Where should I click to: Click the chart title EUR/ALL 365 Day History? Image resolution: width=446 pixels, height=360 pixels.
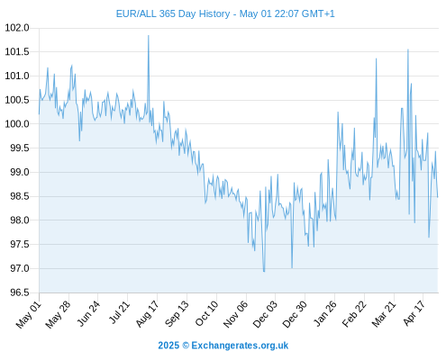click(x=173, y=13)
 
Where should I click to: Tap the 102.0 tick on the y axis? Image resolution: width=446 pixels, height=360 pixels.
click(x=17, y=28)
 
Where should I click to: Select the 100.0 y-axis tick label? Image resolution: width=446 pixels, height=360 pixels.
click(x=17, y=124)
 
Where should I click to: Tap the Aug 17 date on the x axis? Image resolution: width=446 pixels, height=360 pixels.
click(x=147, y=314)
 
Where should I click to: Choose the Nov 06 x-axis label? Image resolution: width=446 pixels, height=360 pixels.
click(x=236, y=314)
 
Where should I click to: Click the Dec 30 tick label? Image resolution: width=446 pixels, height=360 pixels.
click(x=295, y=314)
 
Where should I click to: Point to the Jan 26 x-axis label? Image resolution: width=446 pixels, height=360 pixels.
click(x=324, y=314)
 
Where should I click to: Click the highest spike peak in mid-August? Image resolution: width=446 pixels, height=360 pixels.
click(x=149, y=36)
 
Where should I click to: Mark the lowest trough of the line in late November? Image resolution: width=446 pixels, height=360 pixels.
click(x=264, y=271)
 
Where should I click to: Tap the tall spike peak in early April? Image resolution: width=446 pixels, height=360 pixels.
click(x=408, y=49)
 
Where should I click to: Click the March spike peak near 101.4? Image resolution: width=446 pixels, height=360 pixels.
click(x=376, y=58)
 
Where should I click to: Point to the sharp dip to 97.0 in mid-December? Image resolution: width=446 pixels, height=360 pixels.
click(x=292, y=267)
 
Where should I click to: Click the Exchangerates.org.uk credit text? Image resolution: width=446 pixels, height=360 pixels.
click(x=240, y=346)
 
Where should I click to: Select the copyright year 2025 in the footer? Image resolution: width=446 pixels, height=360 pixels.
click(x=168, y=346)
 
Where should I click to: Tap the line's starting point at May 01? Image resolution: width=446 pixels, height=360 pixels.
click(x=39, y=114)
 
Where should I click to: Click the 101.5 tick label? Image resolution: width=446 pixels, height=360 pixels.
click(x=17, y=52)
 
